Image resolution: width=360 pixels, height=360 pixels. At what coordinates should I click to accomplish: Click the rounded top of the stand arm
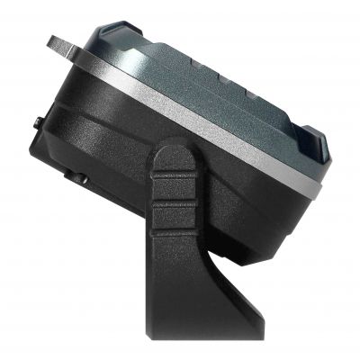tap(174, 153)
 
